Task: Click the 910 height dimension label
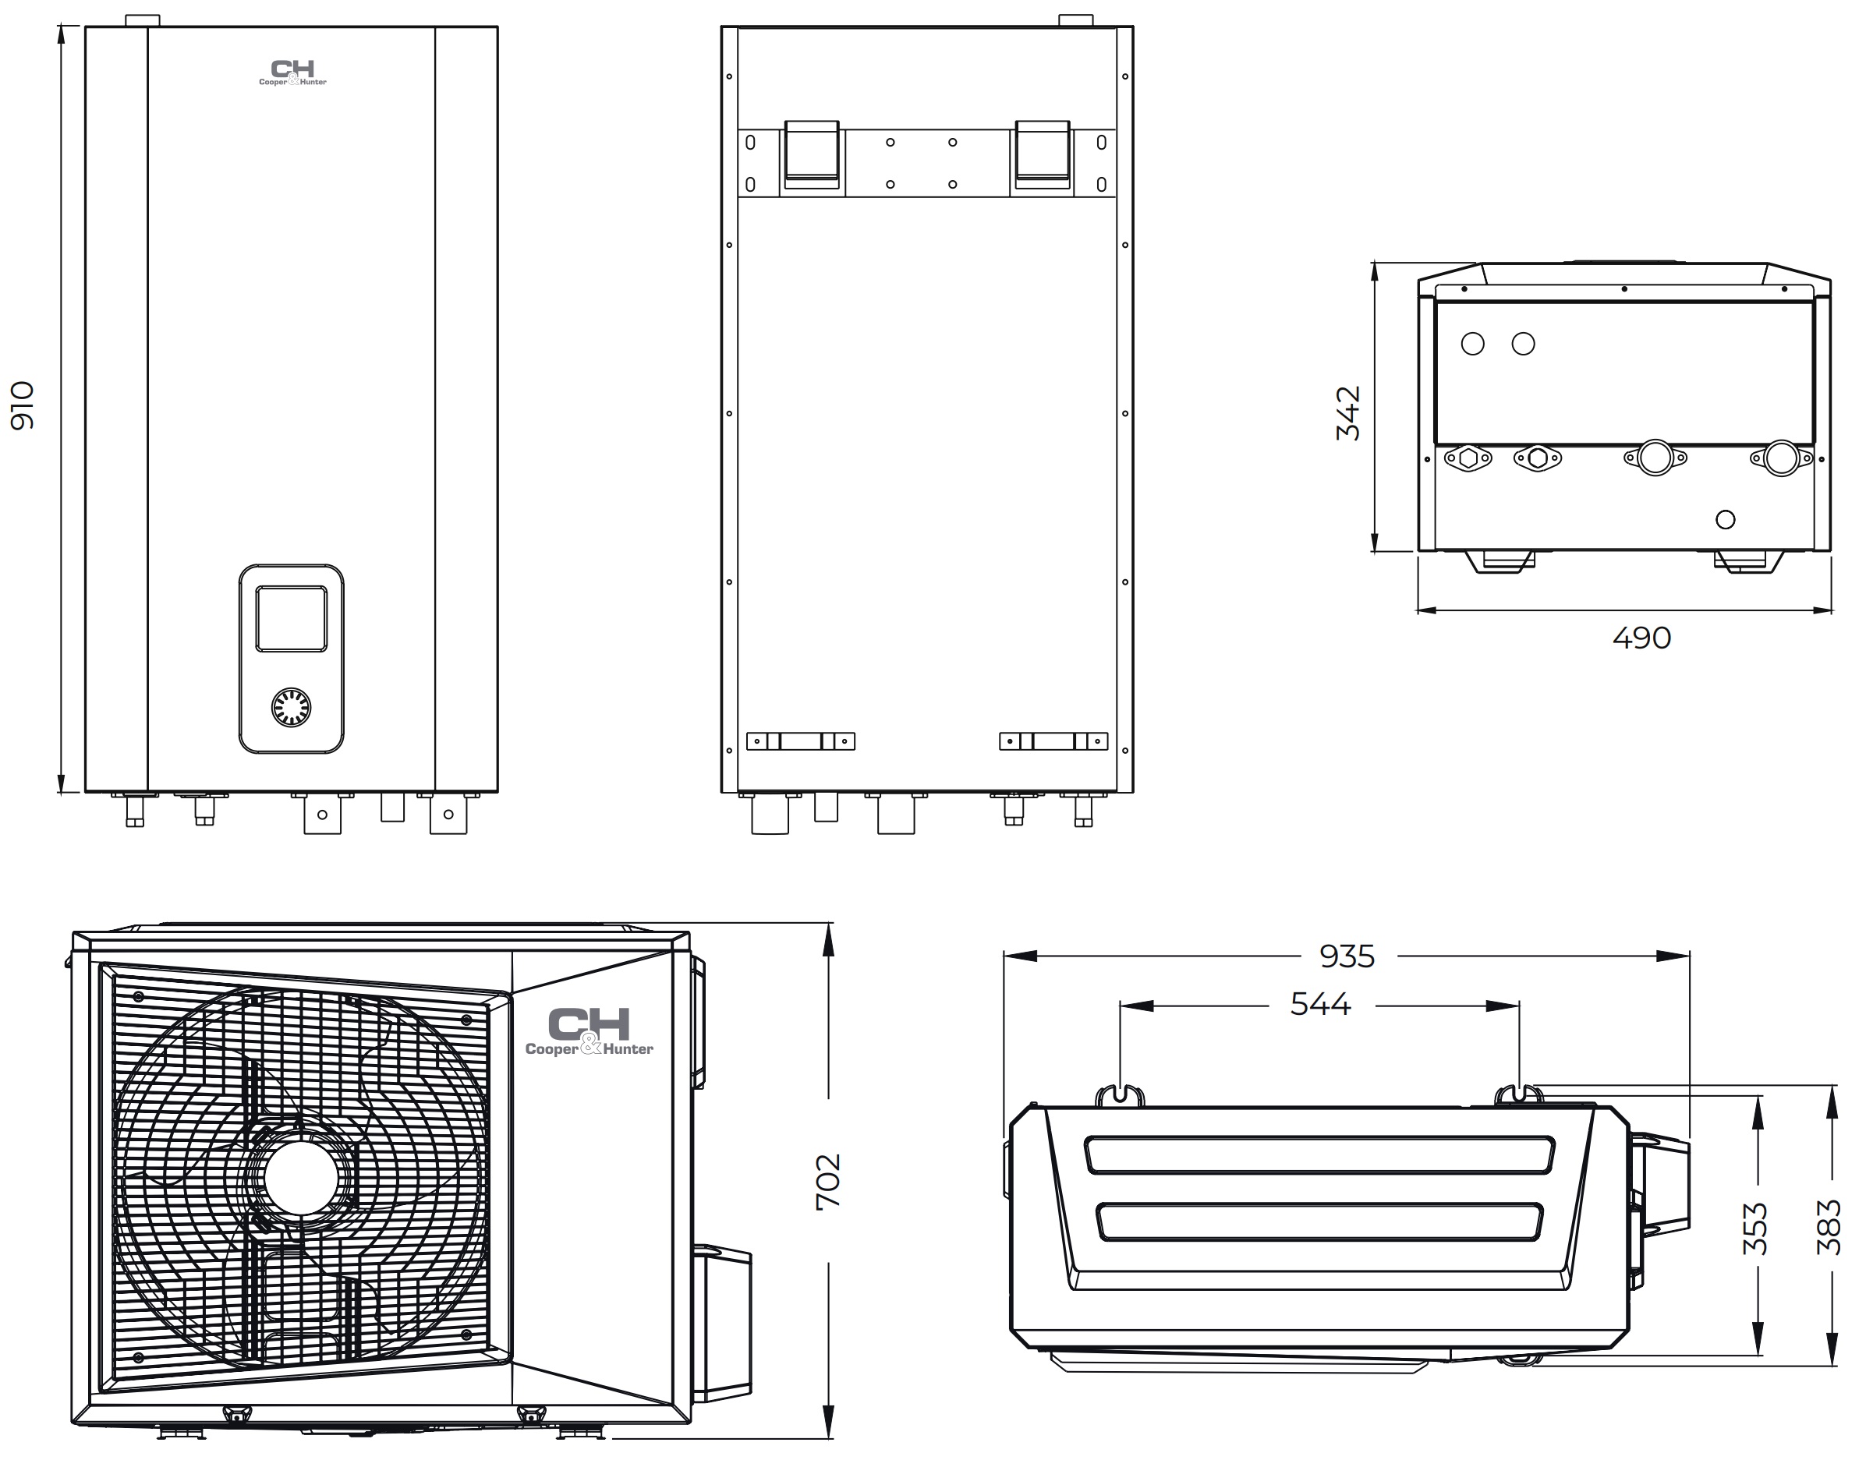tap(23, 405)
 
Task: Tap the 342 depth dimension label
tap(1347, 413)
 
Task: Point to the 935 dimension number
tap(1347, 956)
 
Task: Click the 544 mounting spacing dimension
tap(1320, 1005)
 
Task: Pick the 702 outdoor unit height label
tap(828, 1182)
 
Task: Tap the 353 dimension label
tap(1754, 1228)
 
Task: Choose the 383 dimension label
tap(1829, 1228)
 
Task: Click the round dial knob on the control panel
tap(291, 707)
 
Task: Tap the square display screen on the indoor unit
tap(291, 619)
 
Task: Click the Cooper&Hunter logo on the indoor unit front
tap(292, 72)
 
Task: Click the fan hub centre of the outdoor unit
tap(301, 1178)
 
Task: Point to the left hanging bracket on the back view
tap(812, 154)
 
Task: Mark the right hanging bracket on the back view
tap(1042, 154)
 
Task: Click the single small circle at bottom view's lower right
tap(1725, 519)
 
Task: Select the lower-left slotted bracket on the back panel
tap(801, 741)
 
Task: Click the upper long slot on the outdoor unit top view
tap(1319, 1155)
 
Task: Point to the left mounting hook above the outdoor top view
tap(1120, 1095)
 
